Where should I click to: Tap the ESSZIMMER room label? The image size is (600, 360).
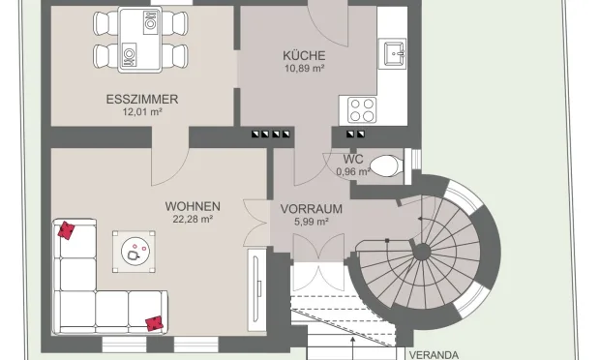tap(142, 100)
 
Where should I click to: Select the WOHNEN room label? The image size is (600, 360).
tap(193, 206)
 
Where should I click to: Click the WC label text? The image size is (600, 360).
tap(352, 159)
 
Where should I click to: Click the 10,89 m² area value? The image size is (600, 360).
tap(304, 69)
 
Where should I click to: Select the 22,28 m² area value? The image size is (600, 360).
tap(193, 220)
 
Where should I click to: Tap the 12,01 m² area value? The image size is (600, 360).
tap(142, 112)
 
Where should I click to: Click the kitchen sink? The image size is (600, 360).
tap(392, 50)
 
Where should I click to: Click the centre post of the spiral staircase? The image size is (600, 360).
tap(422, 252)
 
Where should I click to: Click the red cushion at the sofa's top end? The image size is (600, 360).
tap(67, 230)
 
